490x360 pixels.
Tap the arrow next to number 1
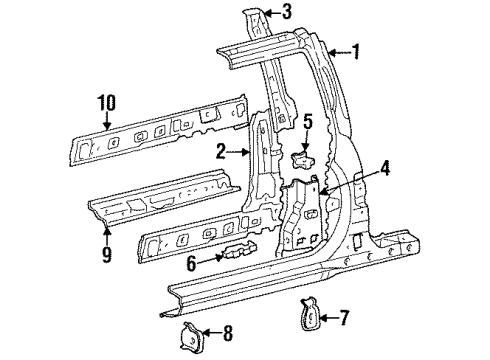pyautogui.click(x=337, y=50)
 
